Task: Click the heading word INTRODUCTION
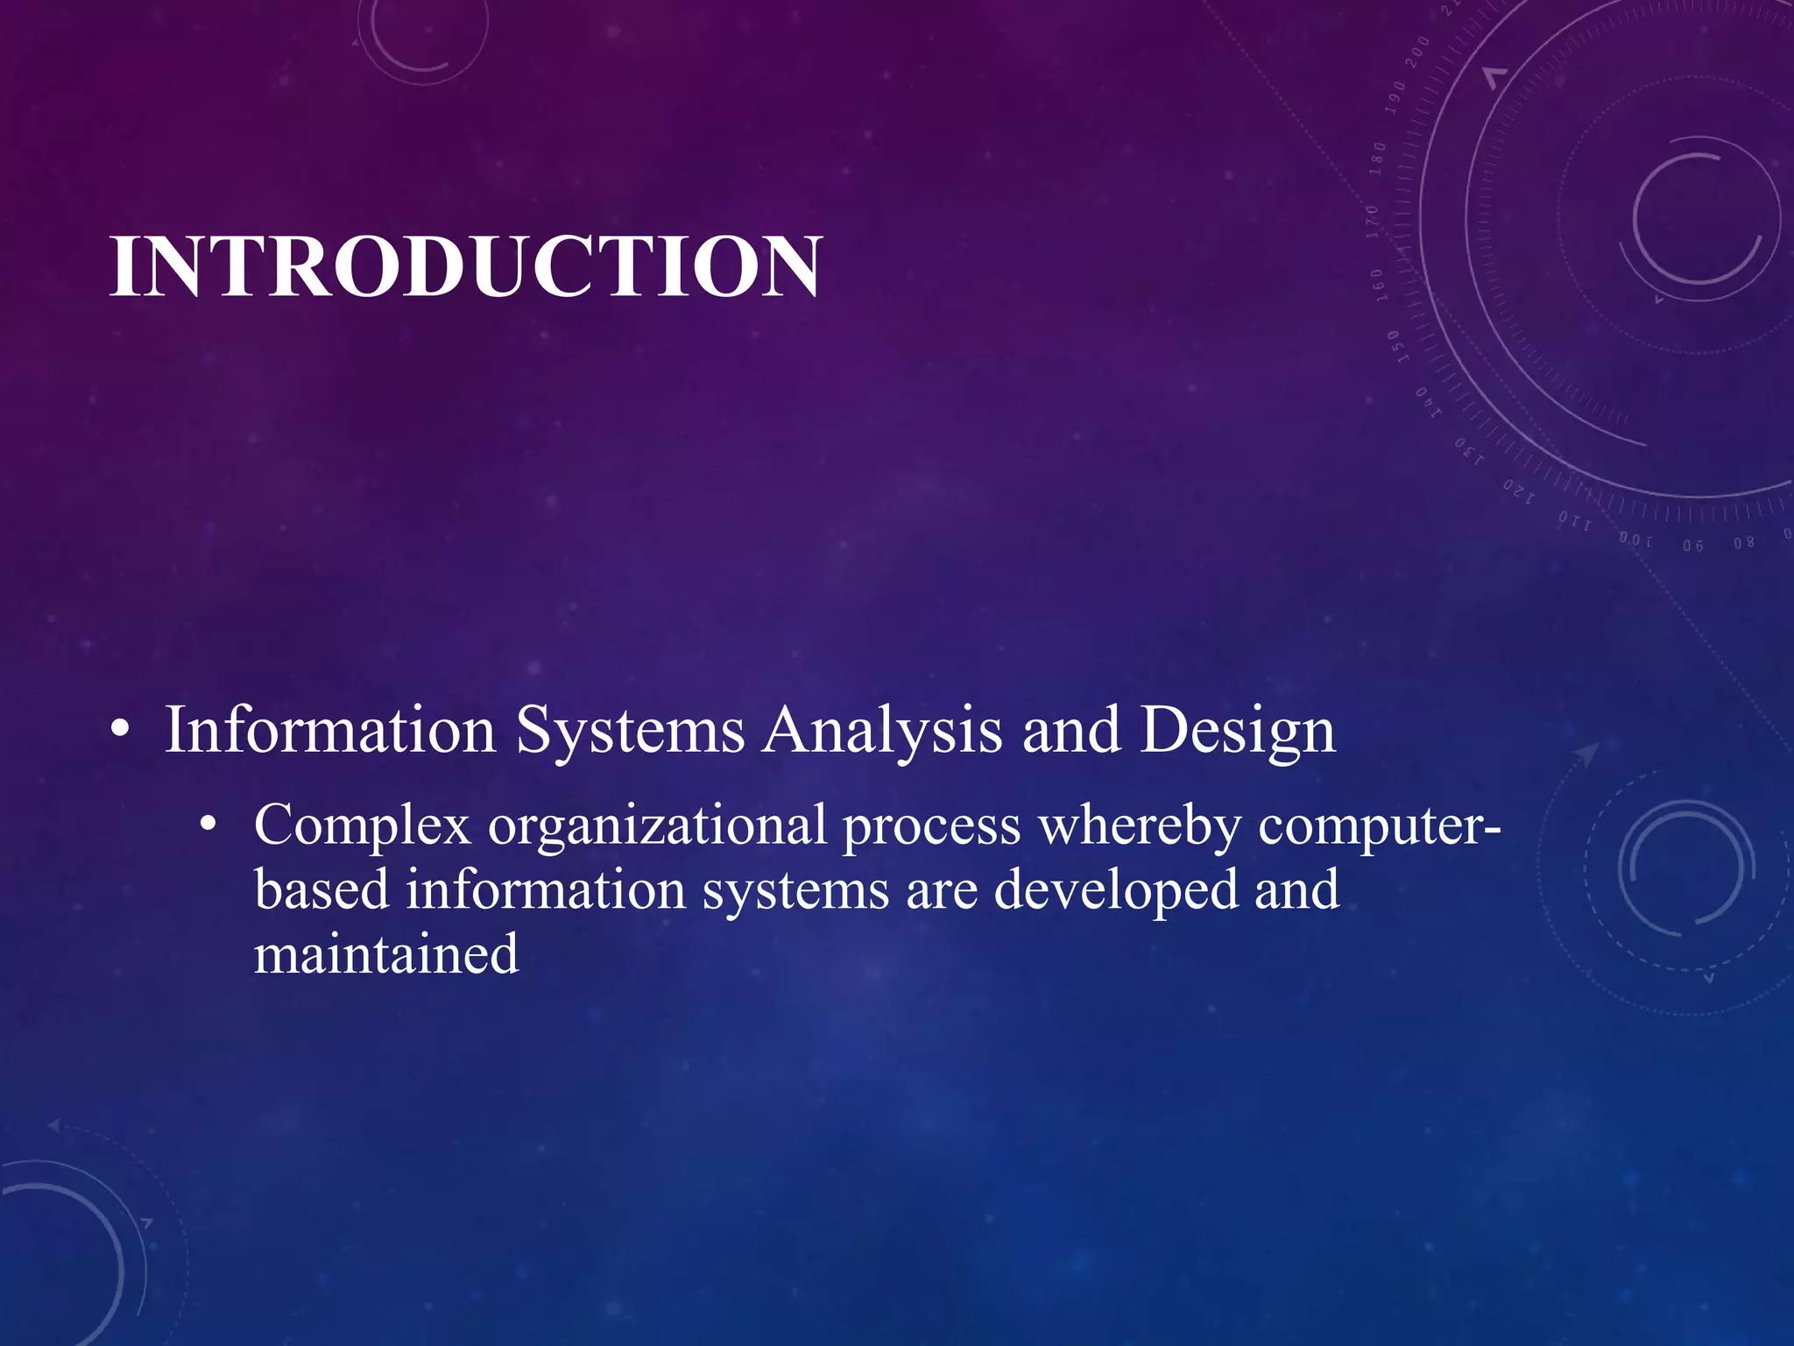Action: click(466, 266)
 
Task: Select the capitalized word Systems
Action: click(630, 731)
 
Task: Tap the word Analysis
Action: click(881, 731)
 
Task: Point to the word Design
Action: click(1237, 731)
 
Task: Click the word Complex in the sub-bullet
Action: click(363, 826)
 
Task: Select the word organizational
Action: click(657, 826)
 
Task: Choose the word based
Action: click(321, 889)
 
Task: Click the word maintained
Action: click(386, 953)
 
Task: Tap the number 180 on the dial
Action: click(1378, 158)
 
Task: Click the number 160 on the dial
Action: click(1378, 286)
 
